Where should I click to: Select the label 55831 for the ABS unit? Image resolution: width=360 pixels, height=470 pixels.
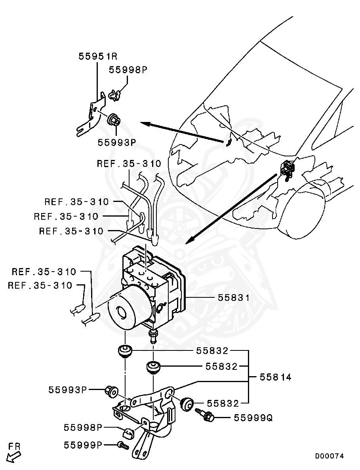pyautogui.click(x=234, y=298)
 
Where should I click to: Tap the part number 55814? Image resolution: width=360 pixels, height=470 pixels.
pyautogui.click(x=275, y=377)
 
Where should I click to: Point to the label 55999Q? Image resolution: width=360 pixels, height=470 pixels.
pyautogui.click(x=253, y=418)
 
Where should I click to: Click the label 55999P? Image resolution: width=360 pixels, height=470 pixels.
pyautogui.click(x=83, y=445)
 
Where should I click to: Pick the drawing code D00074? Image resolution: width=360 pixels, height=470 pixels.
pyautogui.click(x=330, y=456)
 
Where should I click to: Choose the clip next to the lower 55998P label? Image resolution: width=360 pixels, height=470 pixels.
pyautogui.click(x=128, y=434)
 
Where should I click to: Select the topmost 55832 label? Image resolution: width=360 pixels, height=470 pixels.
pyautogui.click(x=212, y=351)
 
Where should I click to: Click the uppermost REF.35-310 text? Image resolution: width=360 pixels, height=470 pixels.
pyautogui.click(x=129, y=164)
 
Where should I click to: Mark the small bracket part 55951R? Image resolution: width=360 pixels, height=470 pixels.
pyautogui.click(x=93, y=115)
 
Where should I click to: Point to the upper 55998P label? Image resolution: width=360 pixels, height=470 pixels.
pyautogui.click(x=128, y=70)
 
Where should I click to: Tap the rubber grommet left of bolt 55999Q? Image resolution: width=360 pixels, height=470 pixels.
pyautogui.click(x=186, y=404)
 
